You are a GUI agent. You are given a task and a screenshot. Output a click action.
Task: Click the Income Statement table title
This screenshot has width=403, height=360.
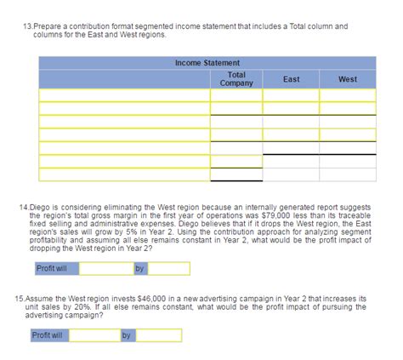[x=207, y=63]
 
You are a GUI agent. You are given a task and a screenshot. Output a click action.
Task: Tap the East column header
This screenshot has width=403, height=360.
[x=291, y=79]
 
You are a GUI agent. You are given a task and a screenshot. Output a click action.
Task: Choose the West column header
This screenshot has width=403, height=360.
[x=347, y=79]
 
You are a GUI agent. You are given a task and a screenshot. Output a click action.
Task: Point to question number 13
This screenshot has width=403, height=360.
[x=26, y=26]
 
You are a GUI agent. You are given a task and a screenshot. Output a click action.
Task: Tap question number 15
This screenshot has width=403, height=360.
[x=21, y=300]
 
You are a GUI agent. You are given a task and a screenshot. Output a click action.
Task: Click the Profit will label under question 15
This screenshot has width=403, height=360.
[x=47, y=335]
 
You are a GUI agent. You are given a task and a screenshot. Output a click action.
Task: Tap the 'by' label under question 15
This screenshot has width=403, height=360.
[x=127, y=335]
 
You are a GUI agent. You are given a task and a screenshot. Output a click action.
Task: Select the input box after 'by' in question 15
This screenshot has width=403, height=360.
[x=158, y=335]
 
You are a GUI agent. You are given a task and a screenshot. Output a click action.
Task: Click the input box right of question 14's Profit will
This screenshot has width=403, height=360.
[x=106, y=269]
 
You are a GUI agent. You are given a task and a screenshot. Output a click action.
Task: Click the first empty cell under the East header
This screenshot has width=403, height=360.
[x=291, y=94]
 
